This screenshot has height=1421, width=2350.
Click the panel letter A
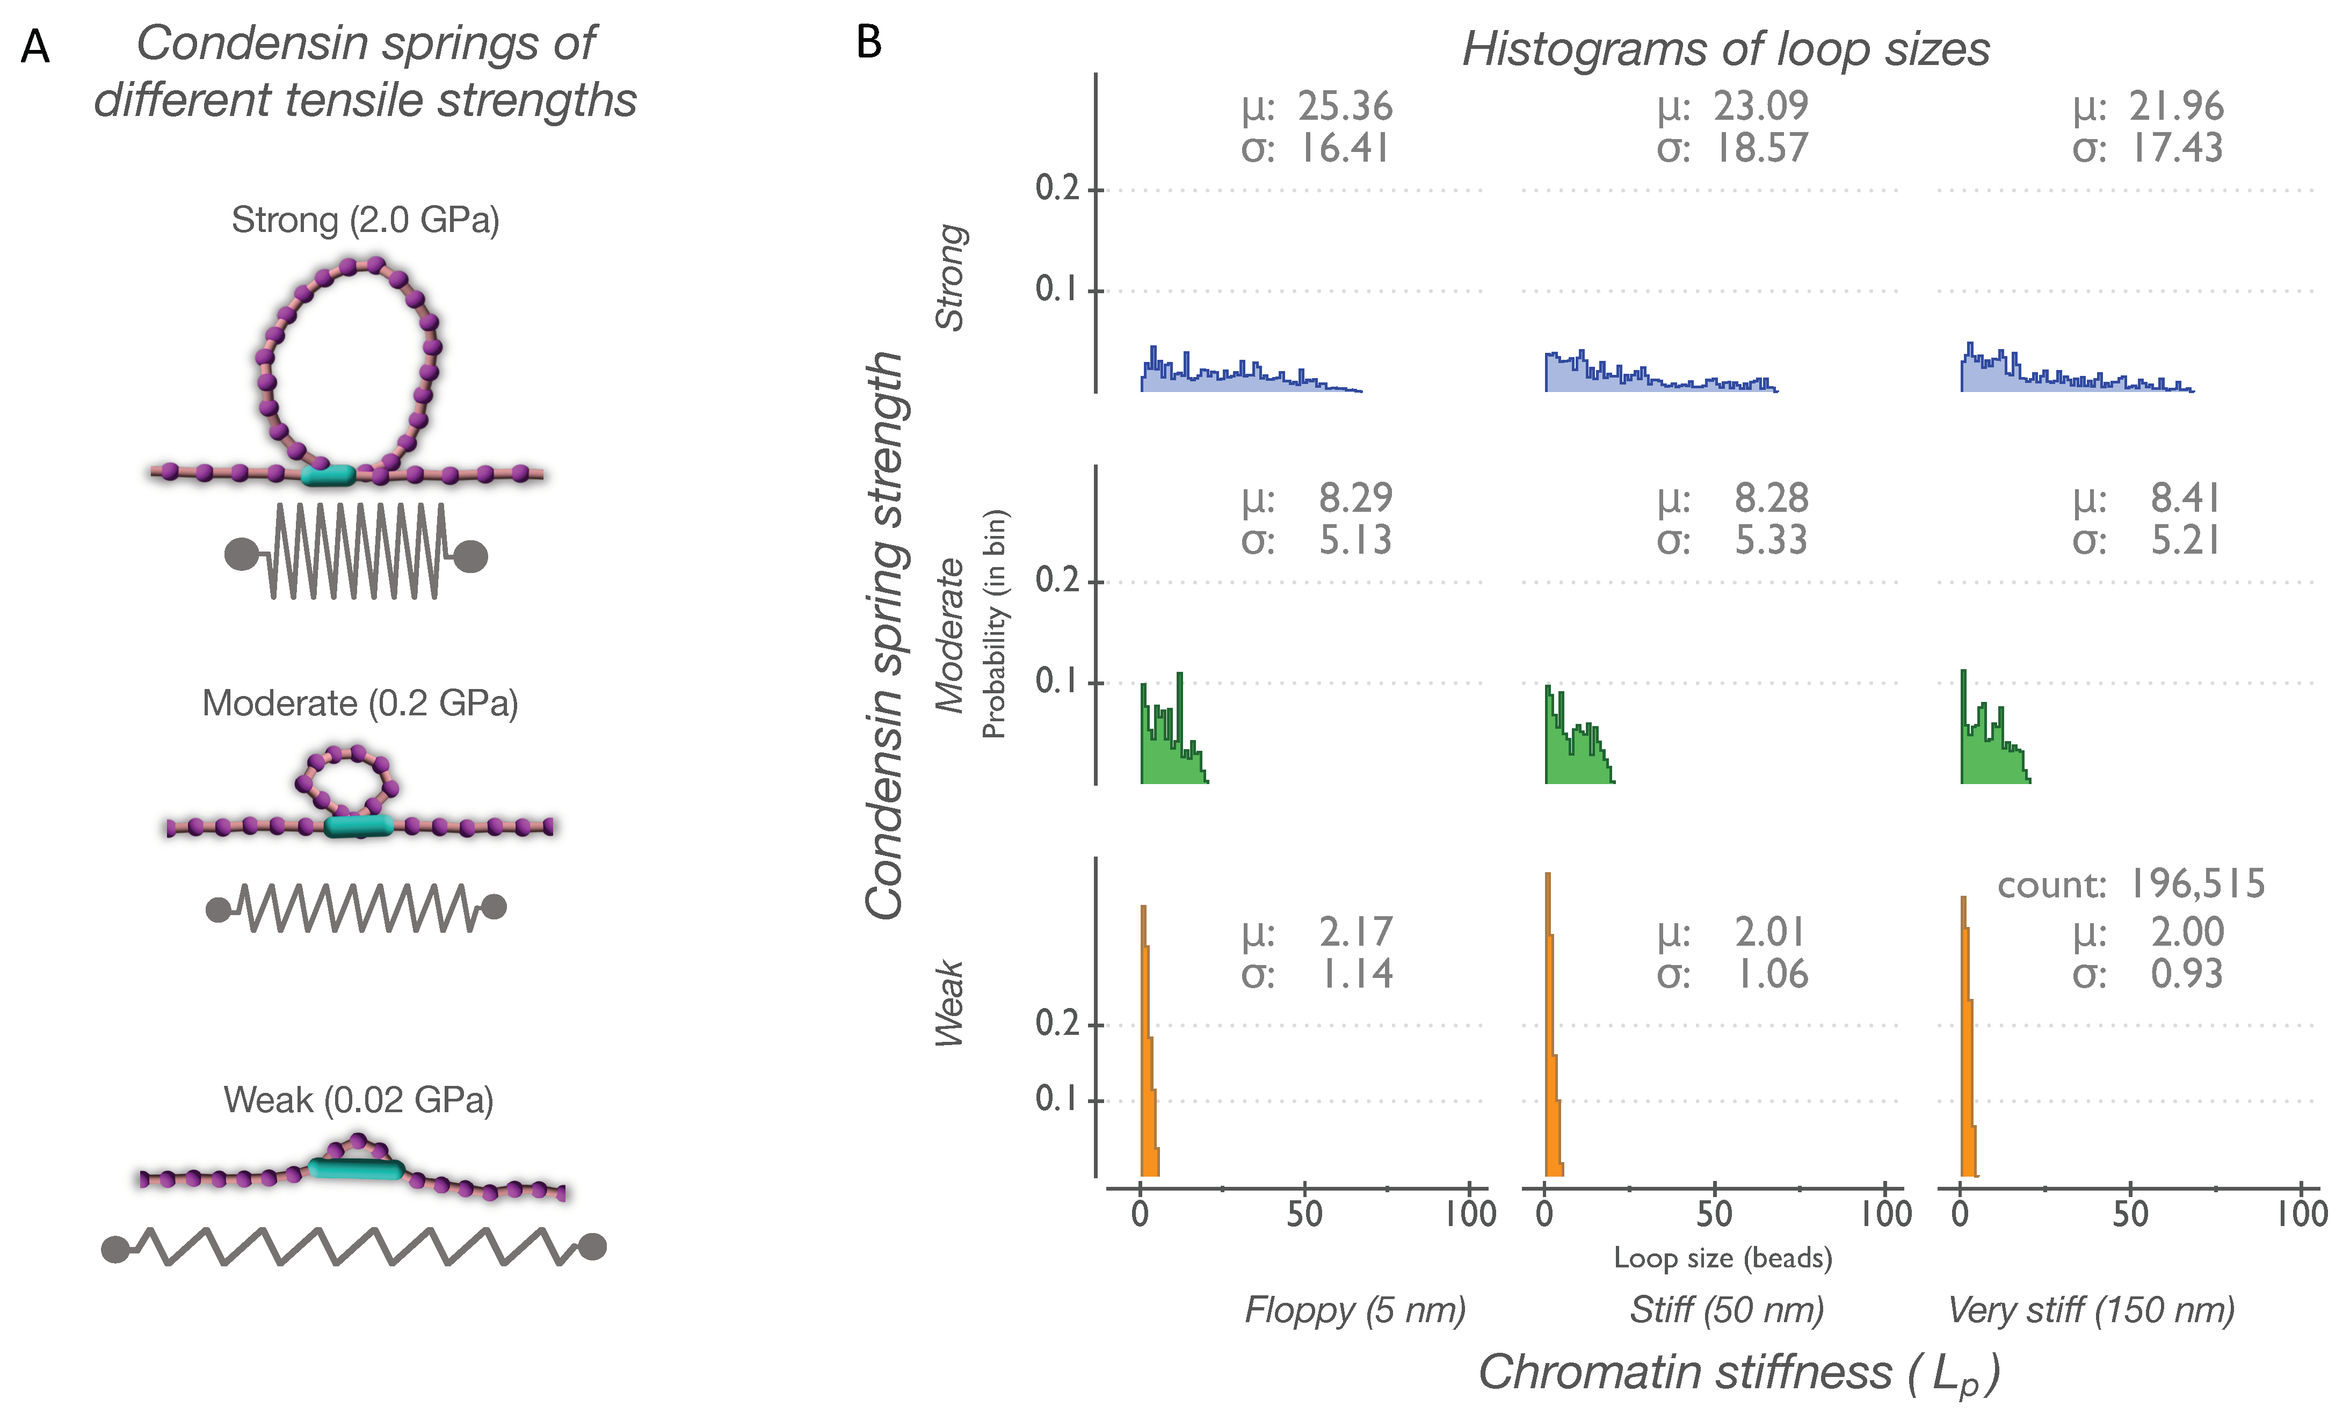(35, 46)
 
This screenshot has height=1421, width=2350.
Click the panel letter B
(868, 42)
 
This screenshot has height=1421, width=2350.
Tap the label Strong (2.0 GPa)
(365, 220)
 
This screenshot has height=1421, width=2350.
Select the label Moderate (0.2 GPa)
(360, 704)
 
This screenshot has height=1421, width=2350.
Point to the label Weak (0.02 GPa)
(359, 1100)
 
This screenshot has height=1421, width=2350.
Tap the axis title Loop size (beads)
(1722, 1258)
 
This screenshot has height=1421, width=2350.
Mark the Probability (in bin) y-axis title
(995, 625)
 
